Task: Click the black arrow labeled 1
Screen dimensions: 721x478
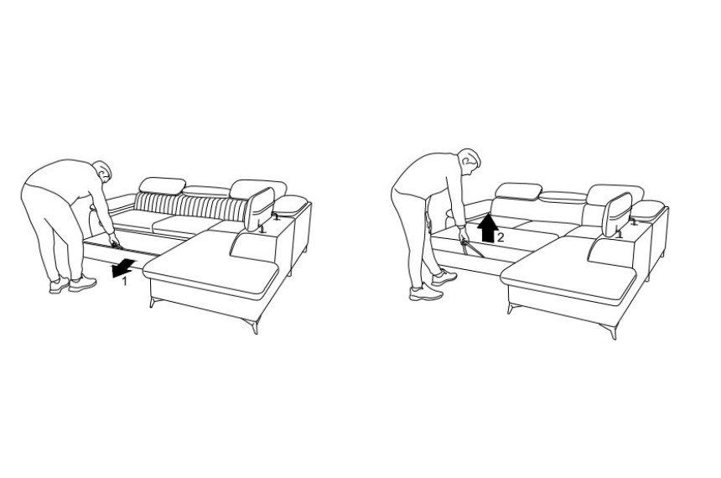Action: pos(122,268)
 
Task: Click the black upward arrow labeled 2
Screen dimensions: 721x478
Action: pos(487,228)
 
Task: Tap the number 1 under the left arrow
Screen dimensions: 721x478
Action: pos(124,282)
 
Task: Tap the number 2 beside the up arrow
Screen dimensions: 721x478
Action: pos(501,237)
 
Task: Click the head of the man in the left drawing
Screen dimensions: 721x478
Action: pos(101,171)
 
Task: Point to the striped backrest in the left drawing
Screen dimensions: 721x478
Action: pos(190,205)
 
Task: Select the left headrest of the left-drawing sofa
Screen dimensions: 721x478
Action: pos(163,185)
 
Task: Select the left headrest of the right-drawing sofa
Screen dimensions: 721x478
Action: pos(518,191)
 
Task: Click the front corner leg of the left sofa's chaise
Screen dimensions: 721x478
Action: pos(252,325)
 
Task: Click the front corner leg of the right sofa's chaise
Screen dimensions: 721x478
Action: pos(609,330)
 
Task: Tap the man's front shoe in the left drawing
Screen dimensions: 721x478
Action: pos(82,283)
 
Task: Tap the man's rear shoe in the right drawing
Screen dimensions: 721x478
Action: pos(426,293)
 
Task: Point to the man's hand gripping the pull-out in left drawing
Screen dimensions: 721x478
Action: pos(113,240)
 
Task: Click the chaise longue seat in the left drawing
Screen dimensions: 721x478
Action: pos(210,263)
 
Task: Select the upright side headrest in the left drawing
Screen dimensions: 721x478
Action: pos(260,210)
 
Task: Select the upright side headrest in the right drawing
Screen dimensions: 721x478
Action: pos(617,215)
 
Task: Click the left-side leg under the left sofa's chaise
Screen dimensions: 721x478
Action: pos(153,302)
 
